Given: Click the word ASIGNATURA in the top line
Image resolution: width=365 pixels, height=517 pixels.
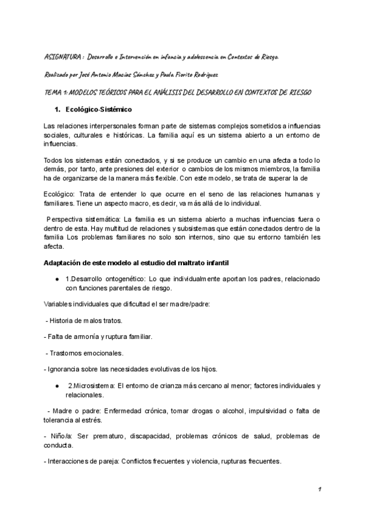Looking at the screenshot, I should tap(64, 57).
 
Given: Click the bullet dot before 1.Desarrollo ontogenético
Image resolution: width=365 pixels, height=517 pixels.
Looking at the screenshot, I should tap(57, 278).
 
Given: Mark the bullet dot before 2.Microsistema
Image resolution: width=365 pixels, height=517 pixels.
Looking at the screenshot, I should tap(57, 386).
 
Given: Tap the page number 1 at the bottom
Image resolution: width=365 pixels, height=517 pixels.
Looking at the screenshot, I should tap(319, 490).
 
